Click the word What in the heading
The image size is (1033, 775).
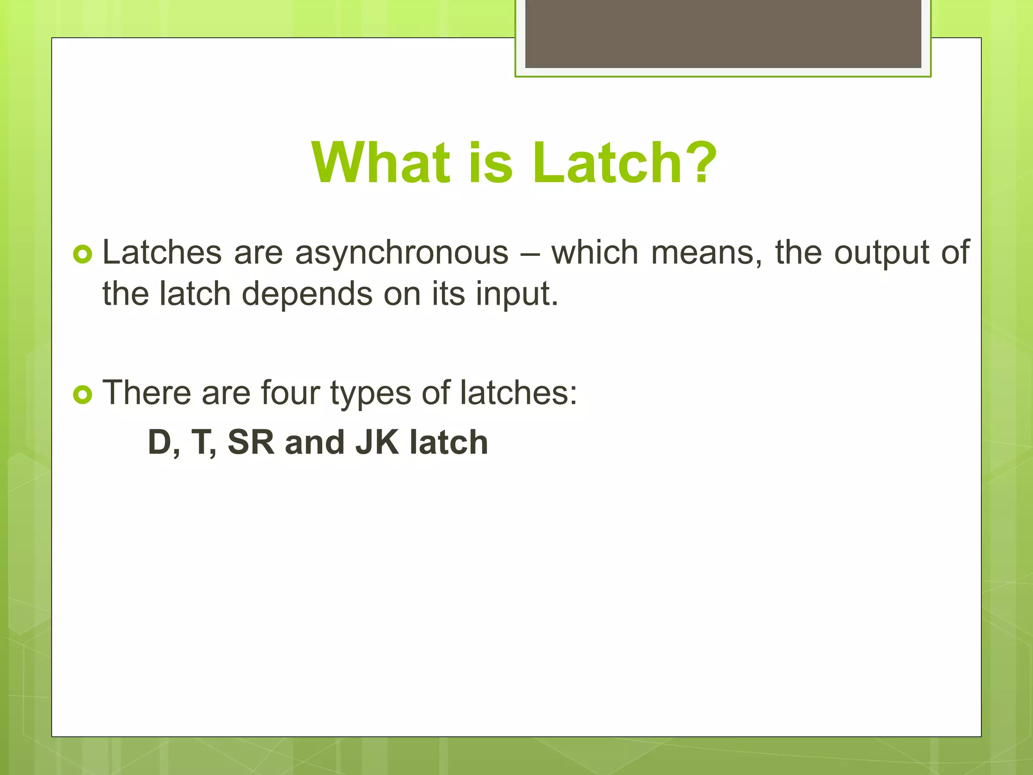[x=381, y=162]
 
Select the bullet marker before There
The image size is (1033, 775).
[x=82, y=394]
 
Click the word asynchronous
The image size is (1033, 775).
[x=401, y=253]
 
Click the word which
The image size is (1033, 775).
[x=595, y=252]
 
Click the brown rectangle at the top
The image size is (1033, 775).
[x=723, y=33]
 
